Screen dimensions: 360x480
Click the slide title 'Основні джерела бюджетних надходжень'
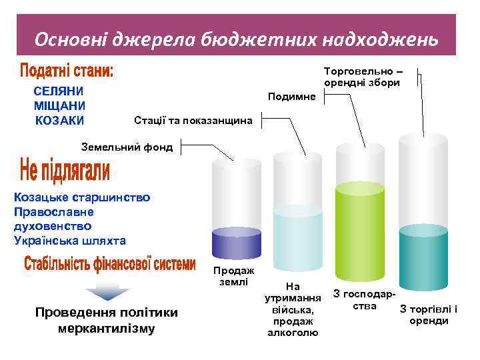coord(237,40)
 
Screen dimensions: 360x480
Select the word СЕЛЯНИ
coord(59,91)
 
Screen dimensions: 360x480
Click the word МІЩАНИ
coord(59,105)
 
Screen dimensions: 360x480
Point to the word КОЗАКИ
coord(59,120)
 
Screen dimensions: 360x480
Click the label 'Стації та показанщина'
coord(193,121)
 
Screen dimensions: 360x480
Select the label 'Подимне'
coord(291,97)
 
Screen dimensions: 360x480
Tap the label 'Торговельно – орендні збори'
coord(361,77)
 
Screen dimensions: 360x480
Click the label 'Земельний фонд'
coord(126,147)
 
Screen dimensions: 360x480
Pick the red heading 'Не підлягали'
coord(65,171)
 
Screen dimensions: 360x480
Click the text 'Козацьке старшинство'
coord(82,197)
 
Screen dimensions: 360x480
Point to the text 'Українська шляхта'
coord(69,240)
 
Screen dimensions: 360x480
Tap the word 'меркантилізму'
coord(107,329)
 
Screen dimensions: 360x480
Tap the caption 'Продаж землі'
coord(233,277)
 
